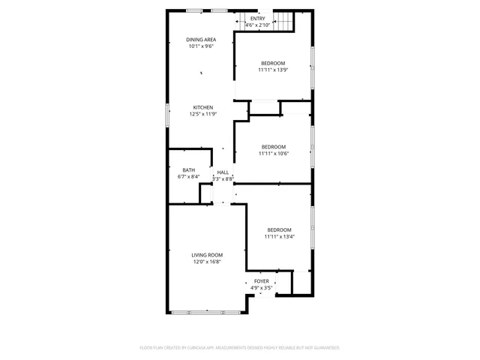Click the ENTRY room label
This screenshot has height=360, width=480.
coord(257,19)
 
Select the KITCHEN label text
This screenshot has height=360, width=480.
coord(203,107)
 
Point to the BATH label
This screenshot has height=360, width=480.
coord(188,170)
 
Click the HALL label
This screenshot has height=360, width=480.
coord(223,172)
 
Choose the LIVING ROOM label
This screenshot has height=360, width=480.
coord(208,255)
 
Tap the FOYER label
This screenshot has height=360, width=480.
coord(261,281)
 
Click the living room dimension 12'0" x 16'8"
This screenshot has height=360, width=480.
coord(208,262)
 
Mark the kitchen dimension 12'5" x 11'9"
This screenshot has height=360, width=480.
coord(203,114)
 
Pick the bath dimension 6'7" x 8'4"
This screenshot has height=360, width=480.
coord(188,177)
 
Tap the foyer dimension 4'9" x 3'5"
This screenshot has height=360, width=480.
coord(261,288)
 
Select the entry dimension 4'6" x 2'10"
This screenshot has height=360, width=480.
coord(257,25)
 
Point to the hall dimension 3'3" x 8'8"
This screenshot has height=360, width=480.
coord(223,179)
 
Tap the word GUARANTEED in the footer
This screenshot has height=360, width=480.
coord(327,348)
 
